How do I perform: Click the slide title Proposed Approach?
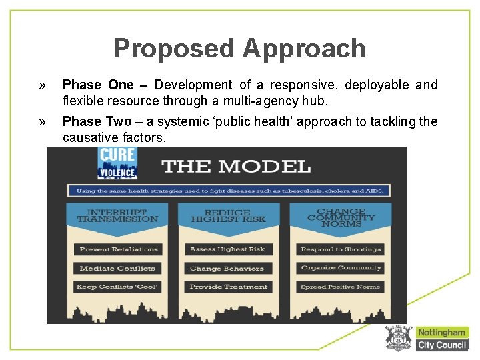click(239, 49)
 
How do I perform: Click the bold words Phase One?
click(98, 85)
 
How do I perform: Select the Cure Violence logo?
click(117, 163)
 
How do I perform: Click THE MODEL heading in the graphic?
click(236, 167)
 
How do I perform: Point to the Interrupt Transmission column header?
click(117, 215)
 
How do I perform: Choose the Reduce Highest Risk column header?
click(228, 215)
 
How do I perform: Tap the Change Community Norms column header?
click(341, 217)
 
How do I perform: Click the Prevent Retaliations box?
click(118, 249)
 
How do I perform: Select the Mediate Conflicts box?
click(117, 268)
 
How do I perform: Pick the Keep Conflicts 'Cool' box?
click(118, 287)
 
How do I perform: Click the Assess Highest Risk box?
click(228, 249)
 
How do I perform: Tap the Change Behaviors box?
click(227, 268)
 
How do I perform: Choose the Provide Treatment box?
click(228, 287)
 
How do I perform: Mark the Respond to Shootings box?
click(341, 249)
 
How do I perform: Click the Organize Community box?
click(341, 268)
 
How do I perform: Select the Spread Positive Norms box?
click(341, 287)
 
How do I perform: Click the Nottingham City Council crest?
click(399, 338)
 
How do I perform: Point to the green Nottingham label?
click(441, 332)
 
